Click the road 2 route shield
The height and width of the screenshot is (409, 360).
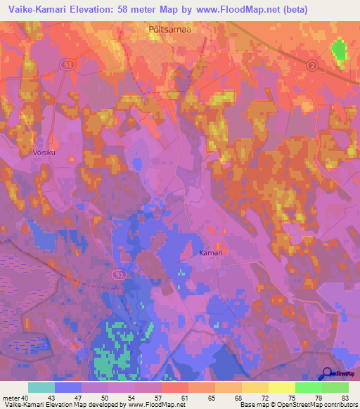[x=311, y=65]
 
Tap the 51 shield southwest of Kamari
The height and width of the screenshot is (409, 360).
[x=120, y=275]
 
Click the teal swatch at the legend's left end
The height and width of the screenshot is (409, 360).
[x=41, y=387]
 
